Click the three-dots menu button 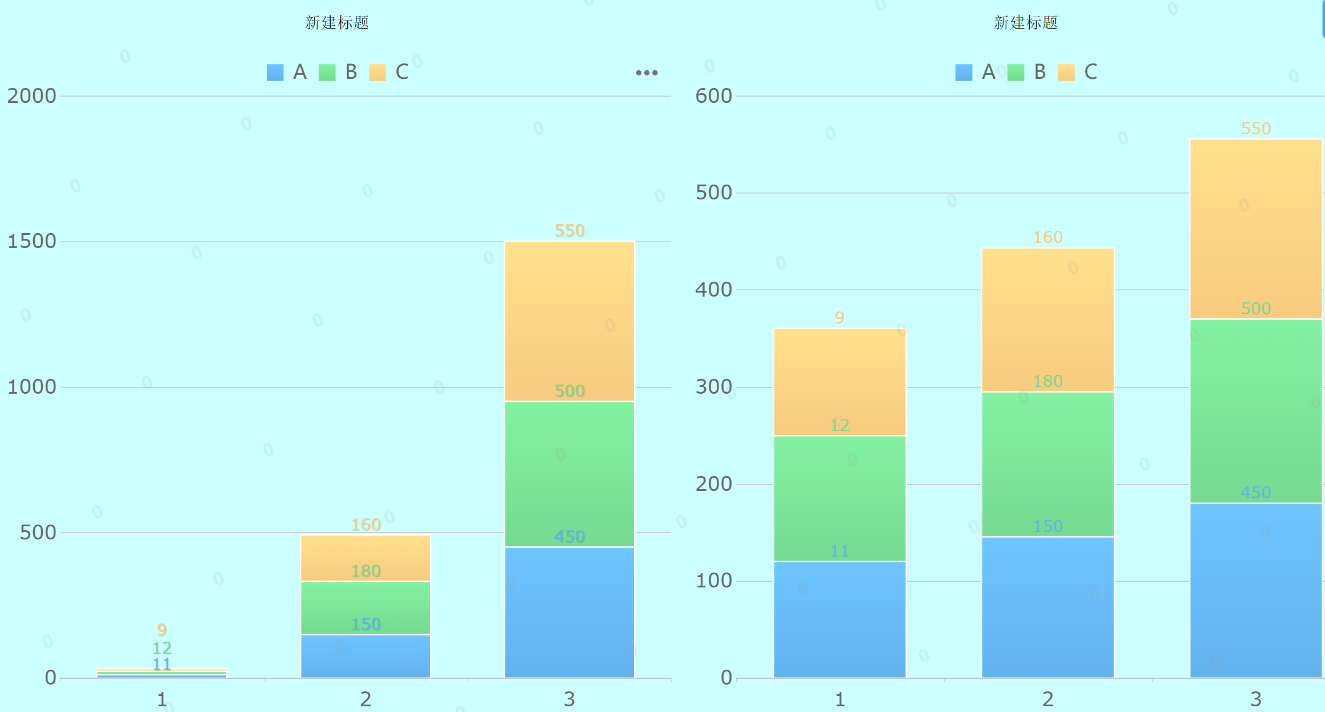click(x=647, y=73)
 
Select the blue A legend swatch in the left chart click(x=275, y=73)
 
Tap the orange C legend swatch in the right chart click(x=1066, y=73)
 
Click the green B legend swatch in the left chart click(x=327, y=73)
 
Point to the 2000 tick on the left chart click(x=32, y=96)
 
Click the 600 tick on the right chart click(x=713, y=96)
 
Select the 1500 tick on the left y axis click(x=32, y=241)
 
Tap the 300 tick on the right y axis click(x=713, y=387)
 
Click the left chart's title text click(x=337, y=23)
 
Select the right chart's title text click(x=1025, y=23)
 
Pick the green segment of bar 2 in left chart click(x=366, y=608)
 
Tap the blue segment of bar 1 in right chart click(x=840, y=619)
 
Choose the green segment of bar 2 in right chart click(x=1047, y=464)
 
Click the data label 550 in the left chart click(x=569, y=231)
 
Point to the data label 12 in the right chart click(x=840, y=425)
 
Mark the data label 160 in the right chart click(x=1047, y=237)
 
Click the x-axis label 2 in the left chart click(x=366, y=699)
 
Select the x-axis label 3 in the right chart click(x=1255, y=699)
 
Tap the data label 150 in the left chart click(x=366, y=625)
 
